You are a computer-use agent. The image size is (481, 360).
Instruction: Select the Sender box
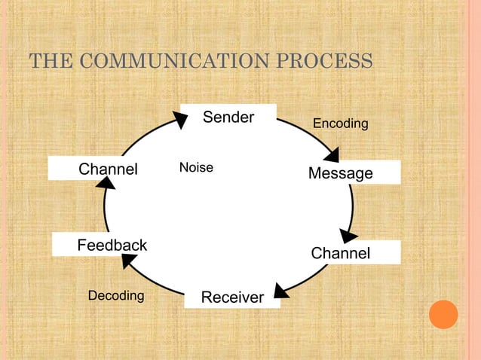(228, 117)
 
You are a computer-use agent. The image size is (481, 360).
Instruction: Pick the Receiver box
(232, 297)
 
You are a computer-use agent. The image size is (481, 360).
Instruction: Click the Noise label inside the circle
(196, 167)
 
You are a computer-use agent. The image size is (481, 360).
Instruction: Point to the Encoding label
(340, 123)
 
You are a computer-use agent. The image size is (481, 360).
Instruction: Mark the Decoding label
(115, 295)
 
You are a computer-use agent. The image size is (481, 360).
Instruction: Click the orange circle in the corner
(443, 314)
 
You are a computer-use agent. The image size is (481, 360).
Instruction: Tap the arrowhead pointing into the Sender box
(180, 119)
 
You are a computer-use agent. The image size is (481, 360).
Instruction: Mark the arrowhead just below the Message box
(347, 235)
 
